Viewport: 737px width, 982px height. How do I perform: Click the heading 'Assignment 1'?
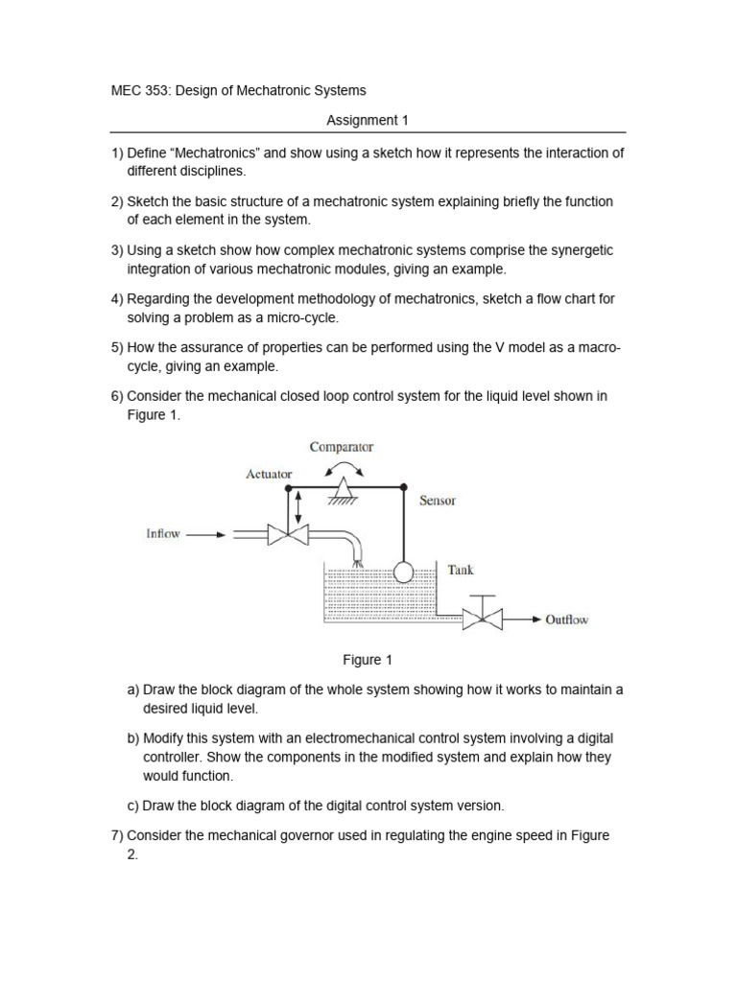(x=361, y=120)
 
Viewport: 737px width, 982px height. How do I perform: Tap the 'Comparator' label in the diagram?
(x=341, y=447)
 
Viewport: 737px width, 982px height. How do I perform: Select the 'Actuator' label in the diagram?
(x=269, y=474)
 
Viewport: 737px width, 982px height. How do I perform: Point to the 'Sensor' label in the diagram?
(x=438, y=501)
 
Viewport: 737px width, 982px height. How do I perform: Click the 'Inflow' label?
(x=163, y=534)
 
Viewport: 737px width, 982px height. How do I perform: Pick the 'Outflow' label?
(x=566, y=620)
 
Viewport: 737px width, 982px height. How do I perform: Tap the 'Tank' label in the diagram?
(x=461, y=570)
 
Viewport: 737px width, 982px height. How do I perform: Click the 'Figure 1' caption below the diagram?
(x=368, y=660)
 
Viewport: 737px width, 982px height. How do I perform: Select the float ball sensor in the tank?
(x=402, y=573)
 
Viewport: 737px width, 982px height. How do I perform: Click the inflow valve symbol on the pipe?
(x=287, y=534)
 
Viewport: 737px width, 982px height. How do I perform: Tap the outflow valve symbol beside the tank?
(x=482, y=619)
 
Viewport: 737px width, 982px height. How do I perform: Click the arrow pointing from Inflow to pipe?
(x=205, y=535)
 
